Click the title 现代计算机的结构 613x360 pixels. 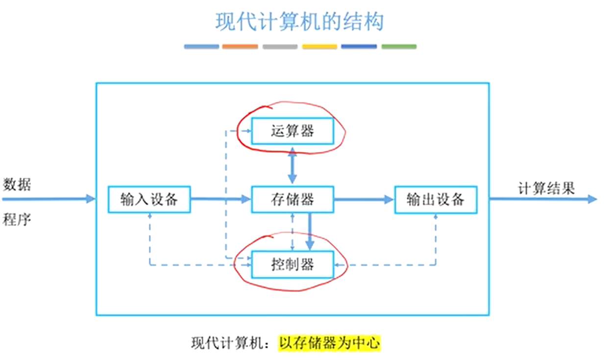point(299,23)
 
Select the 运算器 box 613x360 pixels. point(293,131)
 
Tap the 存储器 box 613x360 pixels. point(293,199)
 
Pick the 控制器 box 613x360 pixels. point(293,264)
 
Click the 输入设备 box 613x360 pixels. point(149,199)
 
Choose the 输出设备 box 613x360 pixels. point(436,199)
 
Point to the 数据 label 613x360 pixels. point(17,185)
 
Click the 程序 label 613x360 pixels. point(17,219)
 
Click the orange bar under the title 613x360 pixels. point(240,47)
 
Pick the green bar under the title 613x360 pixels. point(399,47)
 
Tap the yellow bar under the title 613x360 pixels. point(319,47)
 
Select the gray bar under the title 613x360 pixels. point(280,47)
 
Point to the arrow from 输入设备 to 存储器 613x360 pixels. point(221,199)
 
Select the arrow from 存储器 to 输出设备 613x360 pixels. point(364,199)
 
